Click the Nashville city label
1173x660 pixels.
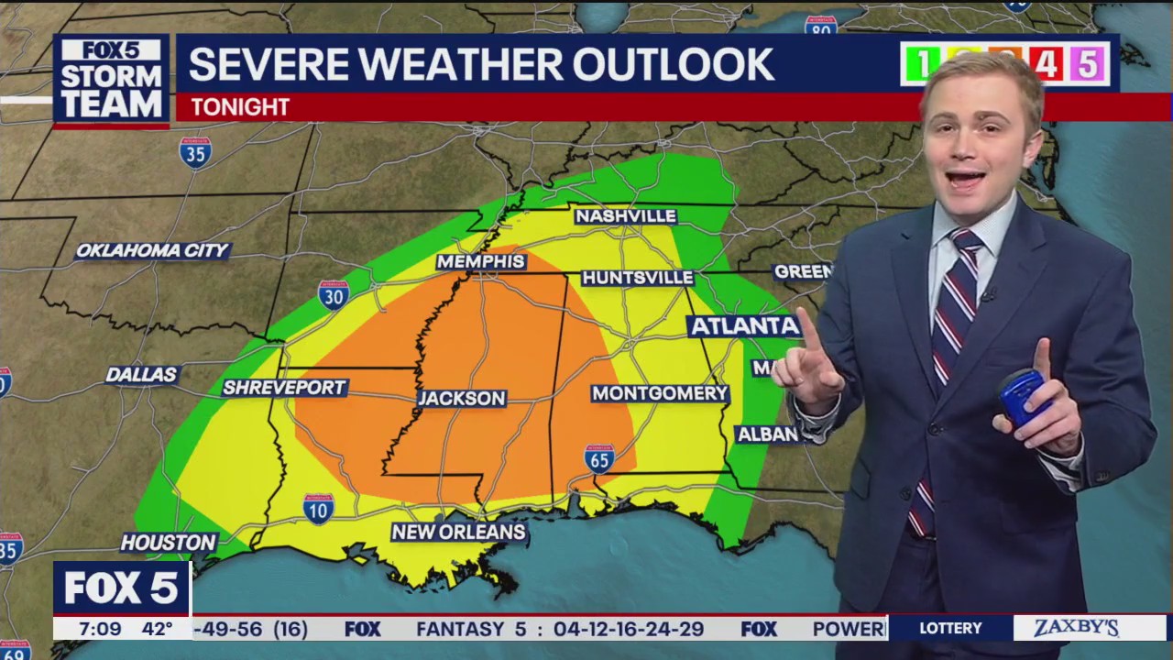point(625,216)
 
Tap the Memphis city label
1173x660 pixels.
point(480,262)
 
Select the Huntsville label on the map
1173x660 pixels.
point(638,278)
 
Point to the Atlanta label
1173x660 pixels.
point(744,326)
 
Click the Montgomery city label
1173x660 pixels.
point(659,393)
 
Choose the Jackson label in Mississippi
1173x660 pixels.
point(462,398)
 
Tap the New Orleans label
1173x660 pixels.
point(458,532)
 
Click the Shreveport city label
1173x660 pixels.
point(284,388)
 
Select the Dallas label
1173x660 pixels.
point(142,374)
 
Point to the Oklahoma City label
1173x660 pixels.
point(152,250)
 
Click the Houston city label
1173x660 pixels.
point(169,543)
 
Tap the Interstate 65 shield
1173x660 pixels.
point(598,458)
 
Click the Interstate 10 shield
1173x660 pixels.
point(318,508)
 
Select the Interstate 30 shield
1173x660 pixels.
point(334,294)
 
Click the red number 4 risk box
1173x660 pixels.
point(1046,64)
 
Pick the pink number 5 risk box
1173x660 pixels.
point(1087,64)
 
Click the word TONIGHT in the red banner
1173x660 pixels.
point(240,107)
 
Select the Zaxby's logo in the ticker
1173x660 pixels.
point(1077,629)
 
